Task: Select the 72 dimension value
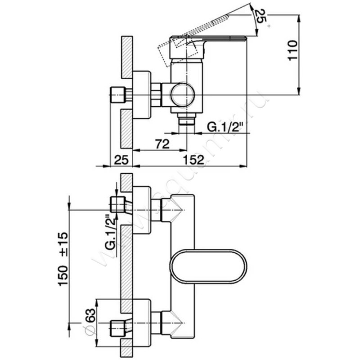tap(162, 144)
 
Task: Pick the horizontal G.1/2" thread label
tap(225, 127)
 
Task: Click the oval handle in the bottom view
tap(208, 266)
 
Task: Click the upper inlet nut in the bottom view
tap(117, 205)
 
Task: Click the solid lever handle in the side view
tap(211, 39)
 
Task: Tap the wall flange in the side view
tap(143, 94)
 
